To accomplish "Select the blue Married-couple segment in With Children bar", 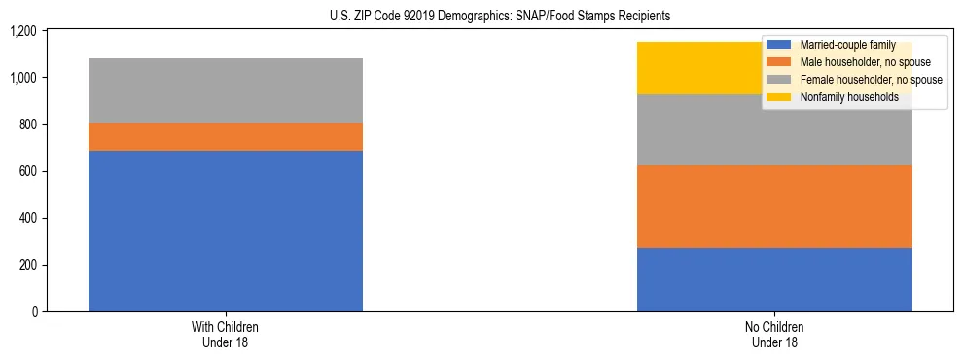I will coord(226,231).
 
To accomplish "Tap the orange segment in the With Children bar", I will coord(226,136).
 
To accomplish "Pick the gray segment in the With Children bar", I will coord(226,90).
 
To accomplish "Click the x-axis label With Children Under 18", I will coord(226,334).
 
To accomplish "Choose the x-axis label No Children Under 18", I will coord(774,334).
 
